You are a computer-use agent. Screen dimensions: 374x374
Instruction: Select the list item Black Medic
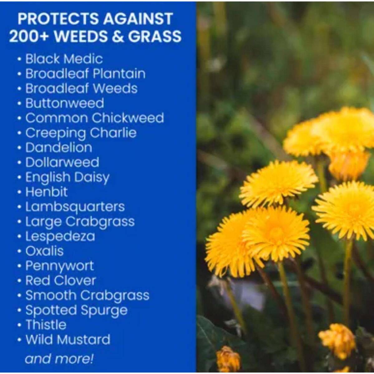pos(64,59)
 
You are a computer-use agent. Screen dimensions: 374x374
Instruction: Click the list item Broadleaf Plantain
pos(86,74)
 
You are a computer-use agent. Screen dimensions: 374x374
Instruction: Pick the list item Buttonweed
pos(65,103)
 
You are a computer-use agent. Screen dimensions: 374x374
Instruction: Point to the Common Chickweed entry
pos(95,118)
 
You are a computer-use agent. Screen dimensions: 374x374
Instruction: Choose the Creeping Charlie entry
pos(81,133)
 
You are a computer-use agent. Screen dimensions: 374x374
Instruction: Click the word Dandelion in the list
pos(59,148)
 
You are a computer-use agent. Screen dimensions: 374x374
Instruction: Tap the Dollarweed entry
pos(62,162)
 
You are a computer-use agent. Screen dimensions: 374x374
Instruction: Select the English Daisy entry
pos(68,178)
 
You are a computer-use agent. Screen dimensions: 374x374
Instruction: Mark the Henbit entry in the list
pos(46,192)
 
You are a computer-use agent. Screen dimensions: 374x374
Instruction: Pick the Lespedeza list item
pos(60,237)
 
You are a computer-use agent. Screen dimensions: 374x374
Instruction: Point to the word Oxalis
pos(45,251)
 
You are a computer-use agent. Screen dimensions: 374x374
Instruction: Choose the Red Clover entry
pos(61,280)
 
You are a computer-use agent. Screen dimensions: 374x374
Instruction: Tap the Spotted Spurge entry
pos(76,311)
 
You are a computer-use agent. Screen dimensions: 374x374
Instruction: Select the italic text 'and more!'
pos(59,358)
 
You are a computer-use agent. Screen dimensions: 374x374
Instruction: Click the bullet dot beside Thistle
pos(19,325)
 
